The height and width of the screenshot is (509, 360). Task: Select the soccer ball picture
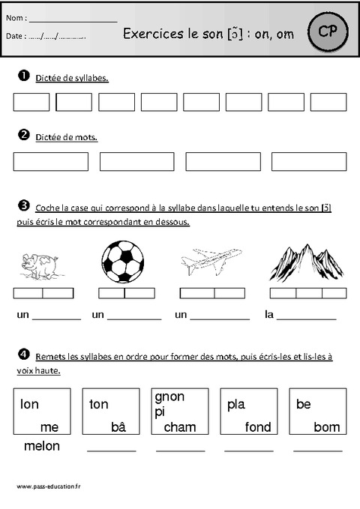(x=122, y=261)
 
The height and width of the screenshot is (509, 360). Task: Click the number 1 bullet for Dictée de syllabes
(x=22, y=76)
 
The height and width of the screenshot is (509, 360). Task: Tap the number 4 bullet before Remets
(x=22, y=354)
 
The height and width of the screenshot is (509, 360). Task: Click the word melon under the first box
(x=42, y=446)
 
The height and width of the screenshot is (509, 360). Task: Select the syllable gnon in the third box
(x=169, y=397)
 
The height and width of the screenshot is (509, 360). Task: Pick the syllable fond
(x=258, y=427)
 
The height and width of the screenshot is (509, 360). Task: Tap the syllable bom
(x=327, y=427)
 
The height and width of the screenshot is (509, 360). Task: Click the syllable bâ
(x=117, y=427)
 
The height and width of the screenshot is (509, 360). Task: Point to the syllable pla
(x=235, y=405)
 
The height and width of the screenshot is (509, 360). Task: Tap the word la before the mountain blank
(x=270, y=316)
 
